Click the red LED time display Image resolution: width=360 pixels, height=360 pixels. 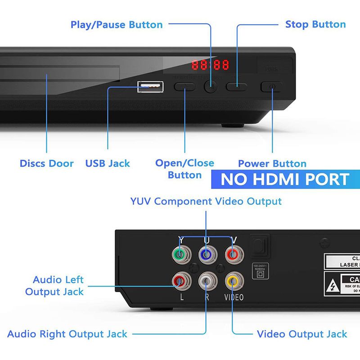coord(210,65)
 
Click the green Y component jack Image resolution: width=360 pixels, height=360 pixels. coord(180,256)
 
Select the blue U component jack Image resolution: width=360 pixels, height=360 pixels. coord(206,256)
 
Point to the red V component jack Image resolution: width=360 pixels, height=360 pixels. coord(233,256)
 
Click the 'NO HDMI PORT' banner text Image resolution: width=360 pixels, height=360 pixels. coord(285,180)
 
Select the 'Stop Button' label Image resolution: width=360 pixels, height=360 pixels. coord(315,24)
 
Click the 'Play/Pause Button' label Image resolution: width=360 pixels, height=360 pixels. coord(117,24)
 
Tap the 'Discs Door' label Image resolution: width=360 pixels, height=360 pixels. coord(46,163)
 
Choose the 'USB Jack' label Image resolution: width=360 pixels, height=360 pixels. coord(108,163)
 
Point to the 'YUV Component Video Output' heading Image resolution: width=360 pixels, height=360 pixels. coord(206,201)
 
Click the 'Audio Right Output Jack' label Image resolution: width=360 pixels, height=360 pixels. coord(67,334)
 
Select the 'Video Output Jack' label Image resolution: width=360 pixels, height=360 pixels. coord(302,334)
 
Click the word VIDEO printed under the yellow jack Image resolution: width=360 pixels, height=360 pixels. coord(234,297)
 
